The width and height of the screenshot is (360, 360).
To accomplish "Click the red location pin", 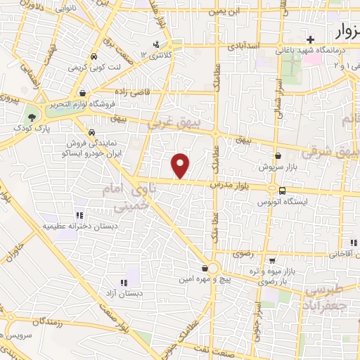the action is point(181,165).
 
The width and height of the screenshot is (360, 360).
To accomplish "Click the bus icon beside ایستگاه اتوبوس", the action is point(282,191).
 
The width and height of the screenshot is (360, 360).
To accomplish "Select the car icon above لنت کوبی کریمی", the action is point(94,58).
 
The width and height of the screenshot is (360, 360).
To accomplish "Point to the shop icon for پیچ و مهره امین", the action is point(205,268).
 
